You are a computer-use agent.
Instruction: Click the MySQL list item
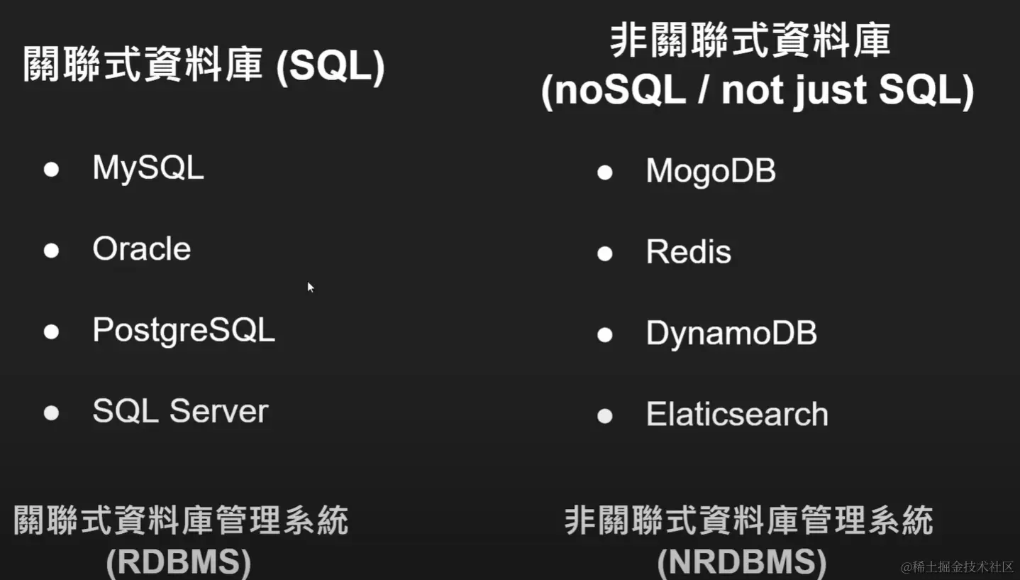click(148, 169)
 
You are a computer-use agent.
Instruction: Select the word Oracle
click(142, 248)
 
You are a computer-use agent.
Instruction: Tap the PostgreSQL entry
click(184, 331)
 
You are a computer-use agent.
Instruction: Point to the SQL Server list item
click(180, 411)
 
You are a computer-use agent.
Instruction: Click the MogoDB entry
click(711, 172)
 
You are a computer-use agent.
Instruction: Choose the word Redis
click(689, 251)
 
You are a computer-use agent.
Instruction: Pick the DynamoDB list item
click(731, 334)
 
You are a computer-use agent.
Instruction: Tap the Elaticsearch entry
click(737, 414)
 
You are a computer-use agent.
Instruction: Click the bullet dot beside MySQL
click(52, 170)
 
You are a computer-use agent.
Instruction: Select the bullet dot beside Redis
click(605, 253)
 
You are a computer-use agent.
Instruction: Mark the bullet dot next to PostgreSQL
click(52, 332)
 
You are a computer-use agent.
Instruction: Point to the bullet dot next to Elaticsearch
click(605, 416)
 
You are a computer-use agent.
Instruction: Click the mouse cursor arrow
click(311, 288)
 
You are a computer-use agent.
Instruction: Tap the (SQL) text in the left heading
click(331, 67)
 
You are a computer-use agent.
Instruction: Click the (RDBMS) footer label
click(179, 562)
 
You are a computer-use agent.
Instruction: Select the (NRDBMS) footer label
click(742, 562)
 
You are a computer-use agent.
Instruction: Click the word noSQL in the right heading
click(620, 89)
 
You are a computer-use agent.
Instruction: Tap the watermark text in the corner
click(957, 567)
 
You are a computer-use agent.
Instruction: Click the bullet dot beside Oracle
click(52, 251)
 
